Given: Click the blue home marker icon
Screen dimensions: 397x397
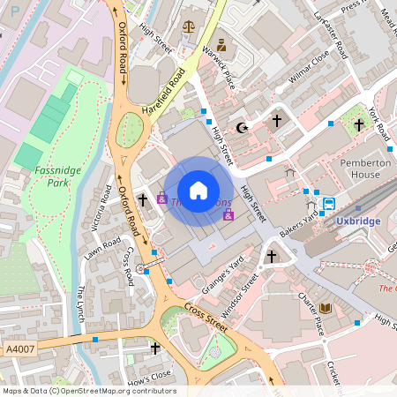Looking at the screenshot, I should [x=198, y=191].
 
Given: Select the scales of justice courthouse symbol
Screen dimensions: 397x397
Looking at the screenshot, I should [x=188, y=26].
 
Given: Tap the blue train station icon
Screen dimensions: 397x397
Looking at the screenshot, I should [x=329, y=204].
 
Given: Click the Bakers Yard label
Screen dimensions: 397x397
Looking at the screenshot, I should [x=298, y=221].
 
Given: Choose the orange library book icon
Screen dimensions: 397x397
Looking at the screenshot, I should [x=326, y=307].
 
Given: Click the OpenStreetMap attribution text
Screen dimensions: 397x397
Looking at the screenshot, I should [x=88, y=391].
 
